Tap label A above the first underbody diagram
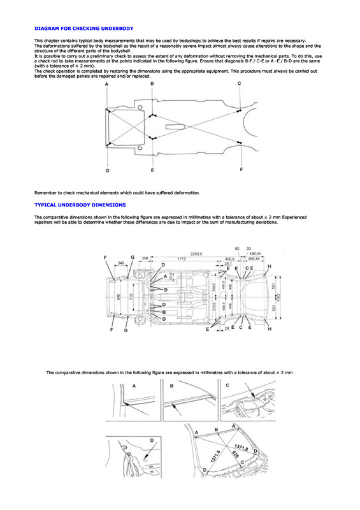(x=107, y=84)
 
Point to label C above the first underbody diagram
(x=239, y=84)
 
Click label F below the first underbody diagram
(x=241, y=170)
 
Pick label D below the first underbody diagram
(x=107, y=171)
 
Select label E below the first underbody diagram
(x=152, y=171)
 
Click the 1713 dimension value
(x=181, y=259)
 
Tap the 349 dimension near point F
(x=120, y=263)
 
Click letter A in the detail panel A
(x=134, y=386)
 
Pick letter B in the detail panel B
(x=171, y=386)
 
